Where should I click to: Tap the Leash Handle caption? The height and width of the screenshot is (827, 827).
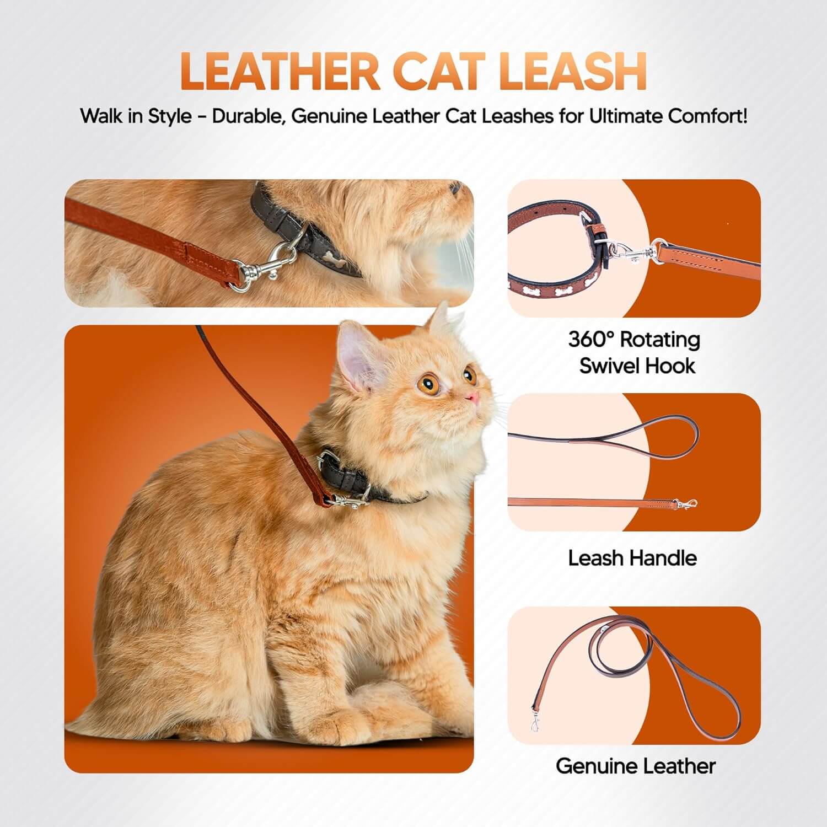632,558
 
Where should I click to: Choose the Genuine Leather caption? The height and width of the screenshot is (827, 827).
635,766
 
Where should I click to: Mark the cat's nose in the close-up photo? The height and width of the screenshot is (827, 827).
455,189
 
